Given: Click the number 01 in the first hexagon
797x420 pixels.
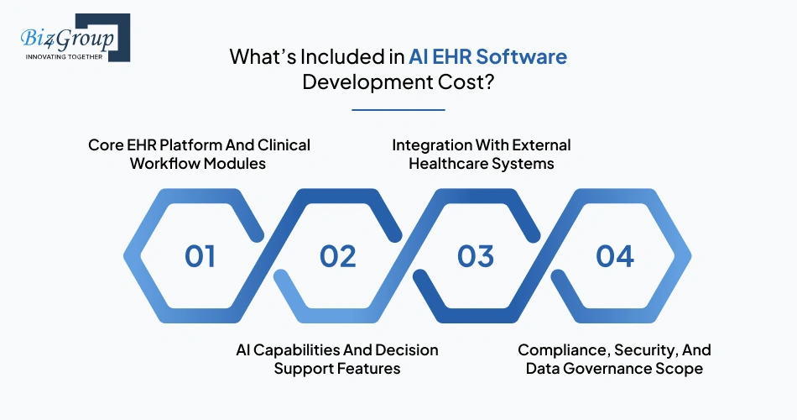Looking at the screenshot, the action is click(x=200, y=256).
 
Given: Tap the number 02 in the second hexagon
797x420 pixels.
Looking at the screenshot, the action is click(x=337, y=256).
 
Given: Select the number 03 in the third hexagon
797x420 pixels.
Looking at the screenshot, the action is click(x=475, y=256).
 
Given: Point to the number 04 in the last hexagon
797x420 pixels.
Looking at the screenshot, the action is click(x=614, y=256).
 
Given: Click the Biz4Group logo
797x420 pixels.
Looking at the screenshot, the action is click(x=76, y=38).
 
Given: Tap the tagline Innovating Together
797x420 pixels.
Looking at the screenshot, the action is click(x=64, y=56).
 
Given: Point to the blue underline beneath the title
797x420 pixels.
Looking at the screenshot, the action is click(x=398, y=109).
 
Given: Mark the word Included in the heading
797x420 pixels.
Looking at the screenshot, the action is click(x=343, y=56).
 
